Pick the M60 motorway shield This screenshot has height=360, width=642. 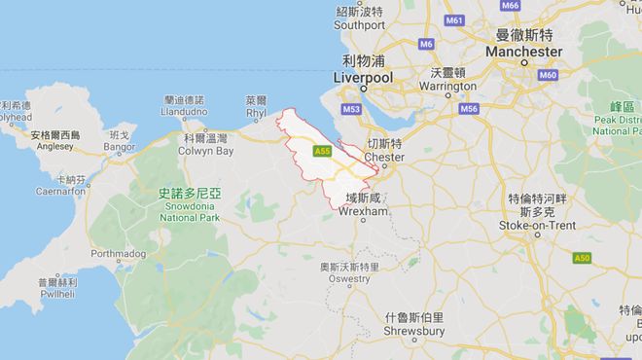[549, 75]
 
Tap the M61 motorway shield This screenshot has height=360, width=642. [453, 19]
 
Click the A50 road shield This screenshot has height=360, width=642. [581, 258]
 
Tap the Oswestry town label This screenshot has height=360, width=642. [348, 278]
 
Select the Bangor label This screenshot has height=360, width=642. [120, 147]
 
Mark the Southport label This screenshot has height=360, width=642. [361, 24]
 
